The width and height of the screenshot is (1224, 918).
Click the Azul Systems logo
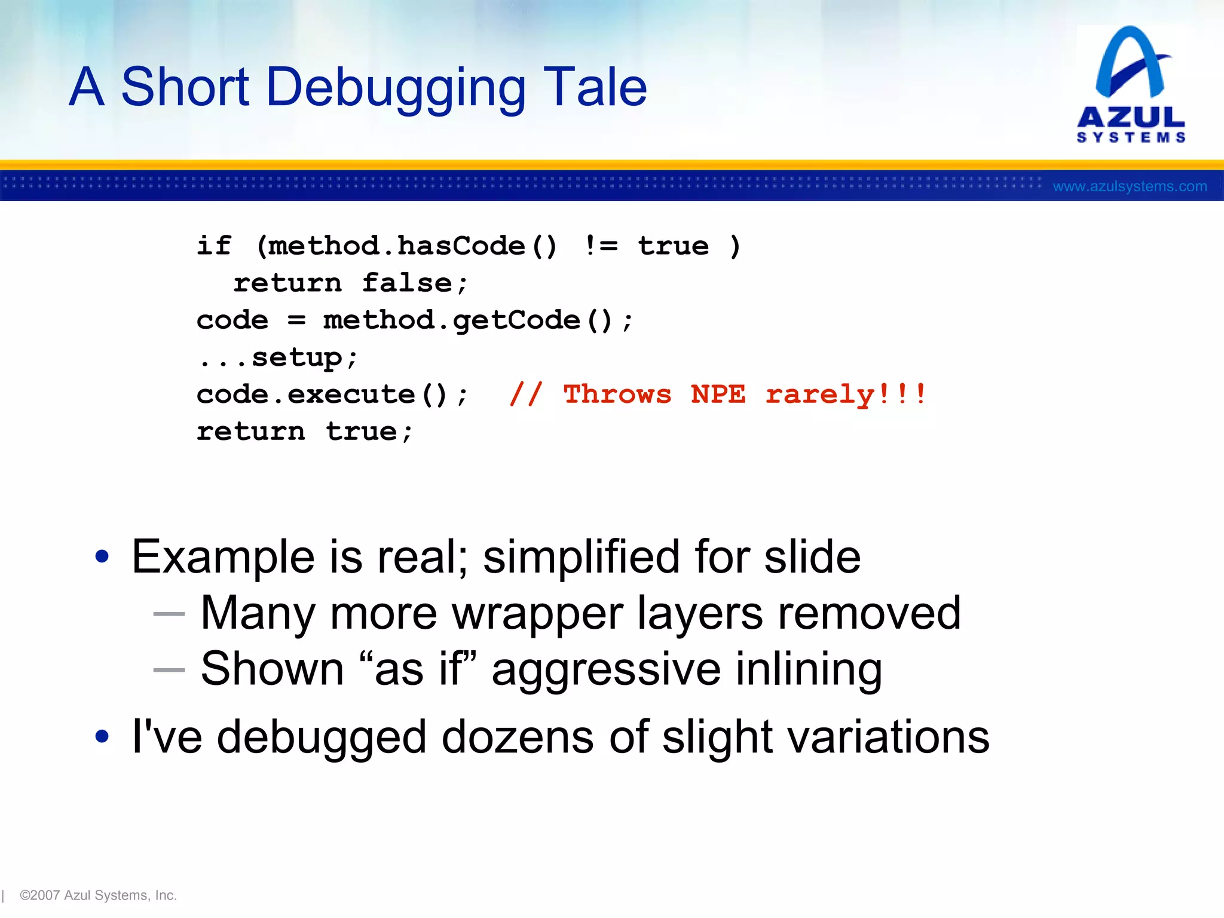1131,84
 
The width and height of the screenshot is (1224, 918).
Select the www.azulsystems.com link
1129,186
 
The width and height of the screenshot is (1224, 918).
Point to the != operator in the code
601,246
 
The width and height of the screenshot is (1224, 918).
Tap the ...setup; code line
278,357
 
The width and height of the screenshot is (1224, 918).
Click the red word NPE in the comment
718,394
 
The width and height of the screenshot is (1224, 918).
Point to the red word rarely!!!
846,394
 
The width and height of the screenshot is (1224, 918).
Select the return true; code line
304,432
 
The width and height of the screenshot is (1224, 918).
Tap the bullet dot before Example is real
102,556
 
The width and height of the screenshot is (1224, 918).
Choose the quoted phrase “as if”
418,669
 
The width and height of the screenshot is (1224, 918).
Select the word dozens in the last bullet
517,738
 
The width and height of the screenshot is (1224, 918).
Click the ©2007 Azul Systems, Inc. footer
98,895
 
